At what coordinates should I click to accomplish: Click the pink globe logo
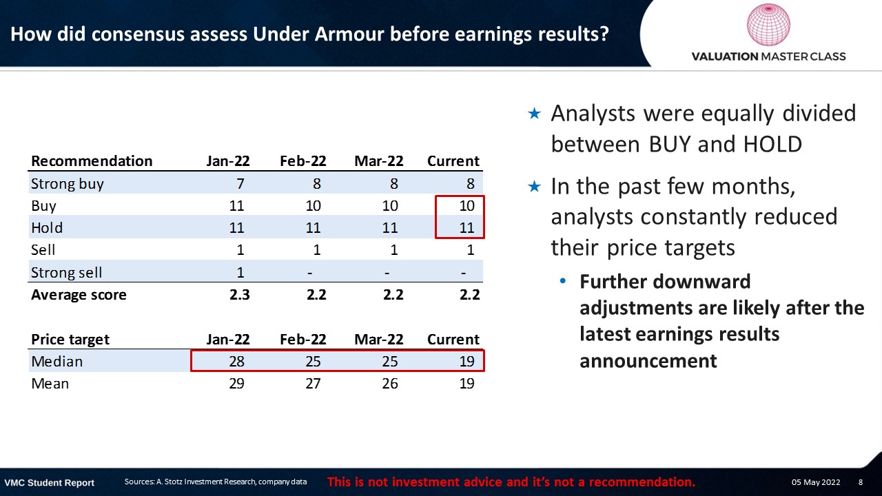(x=768, y=24)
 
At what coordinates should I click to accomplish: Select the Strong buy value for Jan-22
(x=240, y=184)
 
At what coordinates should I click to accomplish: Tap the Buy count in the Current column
(x=467, y=205)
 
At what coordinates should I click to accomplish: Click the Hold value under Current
(x=467, y=227)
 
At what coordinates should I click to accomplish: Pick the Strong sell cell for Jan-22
(x=240, y=272)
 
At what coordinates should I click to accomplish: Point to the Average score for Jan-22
(x=239, y=295)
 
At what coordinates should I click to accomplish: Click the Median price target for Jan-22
(x=236, y=362)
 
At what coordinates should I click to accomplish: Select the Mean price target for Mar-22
(x=390, y=384)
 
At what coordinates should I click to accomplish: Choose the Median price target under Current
(x=467, y=362)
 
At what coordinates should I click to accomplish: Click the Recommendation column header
(x=92, y=161)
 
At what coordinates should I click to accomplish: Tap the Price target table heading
(x=70, y=340)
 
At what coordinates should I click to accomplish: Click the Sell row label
(x=43, y=249)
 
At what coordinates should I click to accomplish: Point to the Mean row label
(x=50, y=384)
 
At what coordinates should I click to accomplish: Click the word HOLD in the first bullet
(x=772, y=144)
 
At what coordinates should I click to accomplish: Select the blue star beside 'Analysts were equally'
(x=534, y=114)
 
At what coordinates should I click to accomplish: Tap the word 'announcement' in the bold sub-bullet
(x=648, y=361)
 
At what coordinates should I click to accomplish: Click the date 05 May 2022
(x=816, y=482)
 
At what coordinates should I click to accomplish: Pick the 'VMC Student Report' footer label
(x=49, y=483)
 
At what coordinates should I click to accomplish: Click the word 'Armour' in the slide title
(x=349, y=34)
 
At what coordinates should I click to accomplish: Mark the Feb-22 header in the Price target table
(x=302, y=340)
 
